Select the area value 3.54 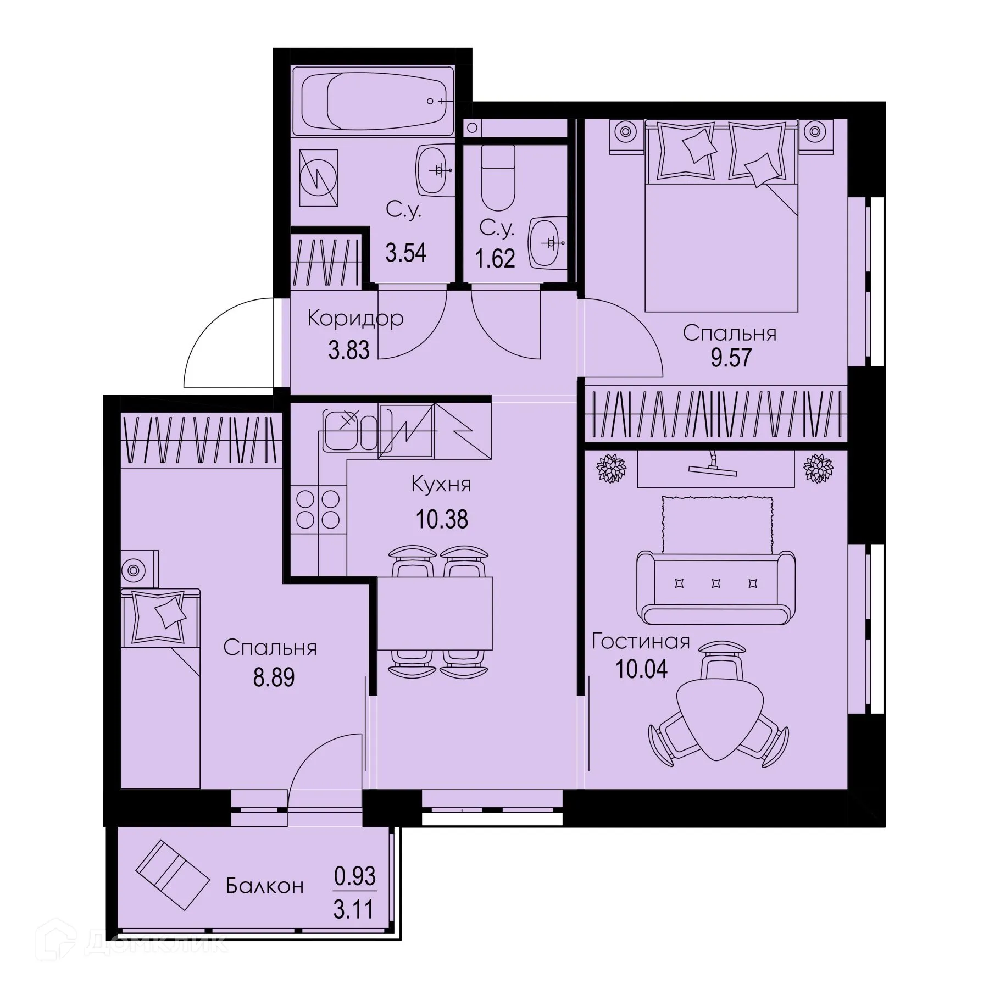405,253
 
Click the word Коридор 355,318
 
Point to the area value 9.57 730,358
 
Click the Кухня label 441,485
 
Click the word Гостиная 641,642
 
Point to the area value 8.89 274,677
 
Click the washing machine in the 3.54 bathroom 318,177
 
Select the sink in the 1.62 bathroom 547,242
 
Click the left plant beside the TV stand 612,469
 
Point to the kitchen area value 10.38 442,519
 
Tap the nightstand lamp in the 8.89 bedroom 132,570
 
